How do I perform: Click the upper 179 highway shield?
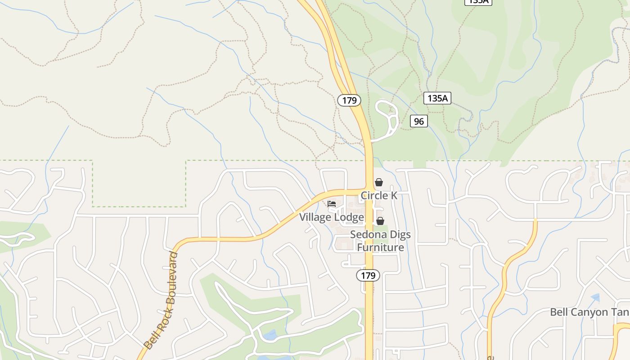(349, 100)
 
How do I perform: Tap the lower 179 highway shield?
(368, 275)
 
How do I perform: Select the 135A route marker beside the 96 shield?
(437, 98)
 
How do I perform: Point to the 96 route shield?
(418, 121)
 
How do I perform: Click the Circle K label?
(379, 196)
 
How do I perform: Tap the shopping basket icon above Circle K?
(379, 182)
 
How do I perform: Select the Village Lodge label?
(332, 217)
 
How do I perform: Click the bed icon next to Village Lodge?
(332, 204)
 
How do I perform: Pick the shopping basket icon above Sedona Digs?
(380, 221)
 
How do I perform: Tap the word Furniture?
(381, 247)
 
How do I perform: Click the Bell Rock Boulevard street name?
(161, 301)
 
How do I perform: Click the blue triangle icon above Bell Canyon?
(596, 297)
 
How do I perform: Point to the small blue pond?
(270, 335)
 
